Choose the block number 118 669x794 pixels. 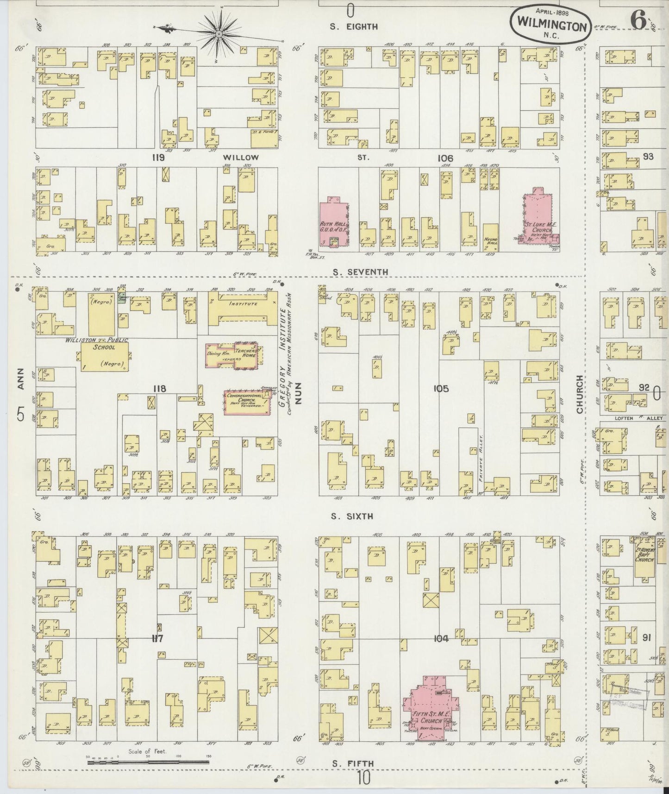(160, 389)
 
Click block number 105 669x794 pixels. (441, 389)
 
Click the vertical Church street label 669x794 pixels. (579, 394)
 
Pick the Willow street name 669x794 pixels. (239, 158)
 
